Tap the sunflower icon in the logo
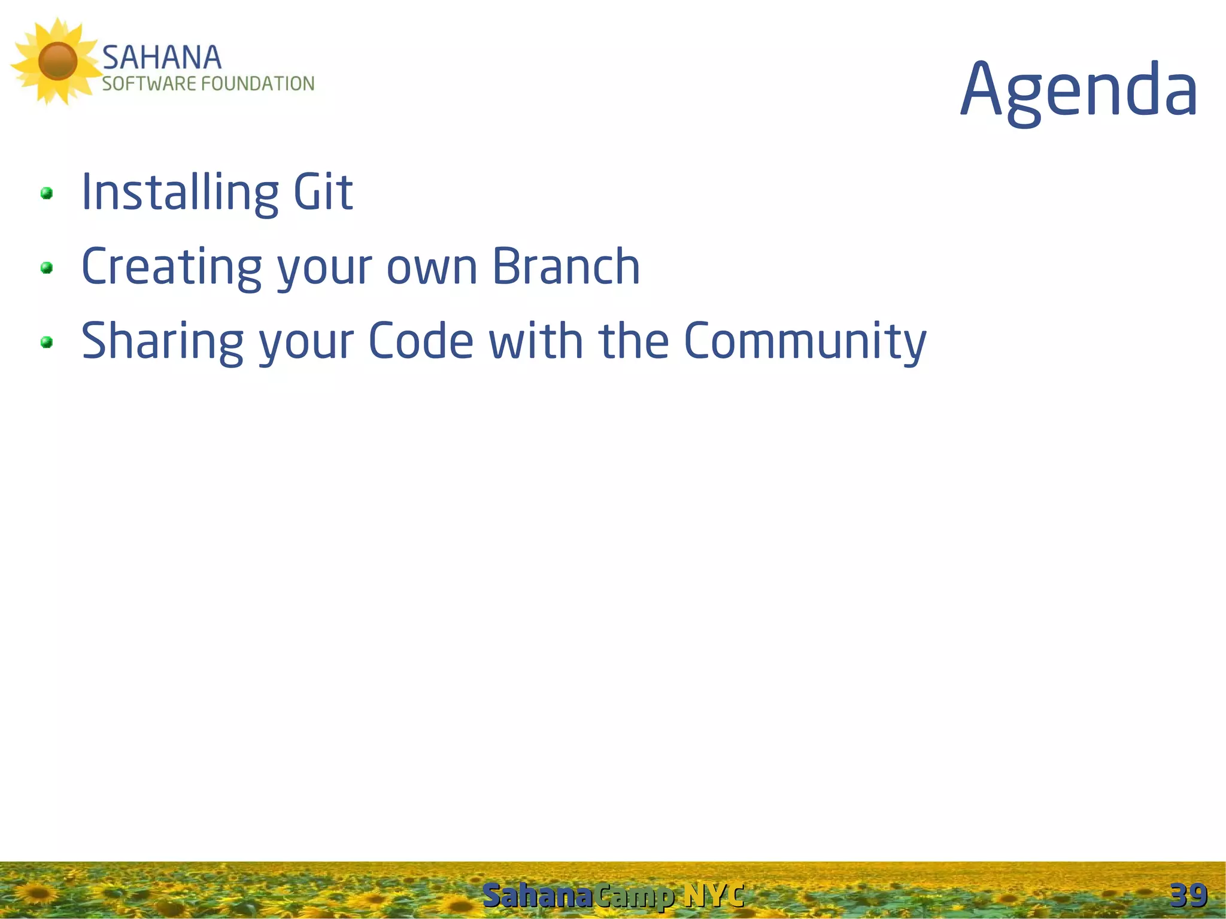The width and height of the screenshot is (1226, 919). (x=57, y=61)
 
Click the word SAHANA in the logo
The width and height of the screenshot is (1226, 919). (x=162, y=58)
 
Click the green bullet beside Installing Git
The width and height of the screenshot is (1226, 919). (x=46, y=193)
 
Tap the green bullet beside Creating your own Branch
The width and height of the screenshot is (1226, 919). (x=46, y=268)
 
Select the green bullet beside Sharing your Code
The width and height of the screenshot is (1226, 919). (x=46, y=342)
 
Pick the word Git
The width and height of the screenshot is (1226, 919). (x=323, y=192)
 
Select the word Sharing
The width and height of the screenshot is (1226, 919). (x=162, y=341)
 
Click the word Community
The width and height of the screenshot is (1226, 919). (x=805, y=341)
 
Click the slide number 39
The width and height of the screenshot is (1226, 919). (x=1188, y=896)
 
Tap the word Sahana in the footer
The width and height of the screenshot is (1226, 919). (x=537, y=896)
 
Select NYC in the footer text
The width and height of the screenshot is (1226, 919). (x=714, y=896)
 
